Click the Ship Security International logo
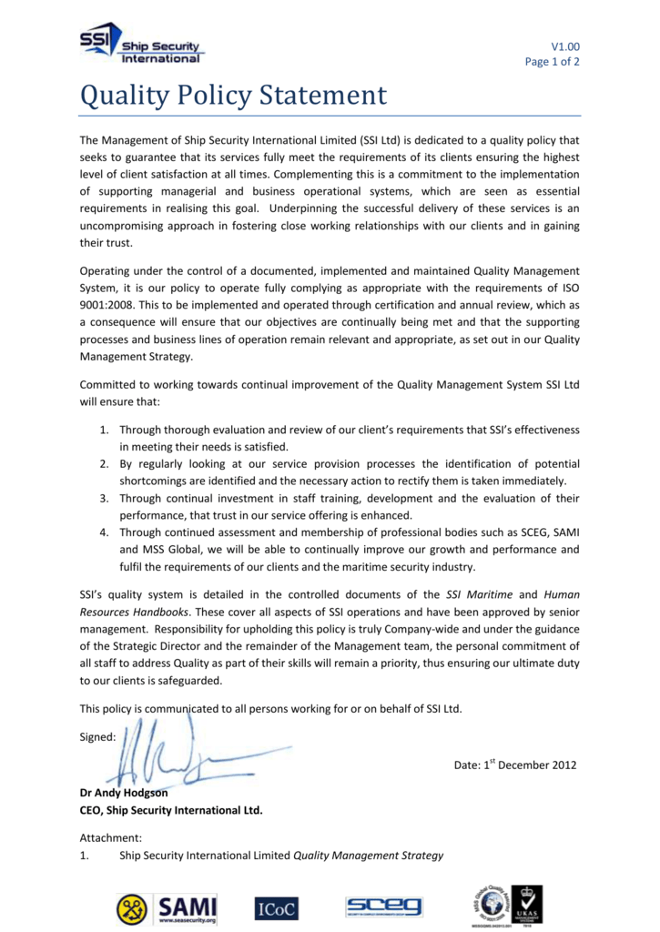click(141, 45)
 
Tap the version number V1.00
click(564, 46)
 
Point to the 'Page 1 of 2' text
click(552, 62)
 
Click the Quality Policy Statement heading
click(233, 95)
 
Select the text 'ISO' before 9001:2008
click(569, 289)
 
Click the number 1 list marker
click(104, 429)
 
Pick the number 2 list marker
click(104, 464)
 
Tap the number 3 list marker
click(104, 499)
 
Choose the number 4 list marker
click(104, 533)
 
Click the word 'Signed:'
click(97, 737)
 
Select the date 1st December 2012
click(515, 765)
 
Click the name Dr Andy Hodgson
click(124, 793)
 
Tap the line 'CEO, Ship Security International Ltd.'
click(171, 810)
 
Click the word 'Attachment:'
click(110, 837)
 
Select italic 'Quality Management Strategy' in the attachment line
click(368, 856)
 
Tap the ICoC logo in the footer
click(276, 907)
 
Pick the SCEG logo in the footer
click(383, 907)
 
